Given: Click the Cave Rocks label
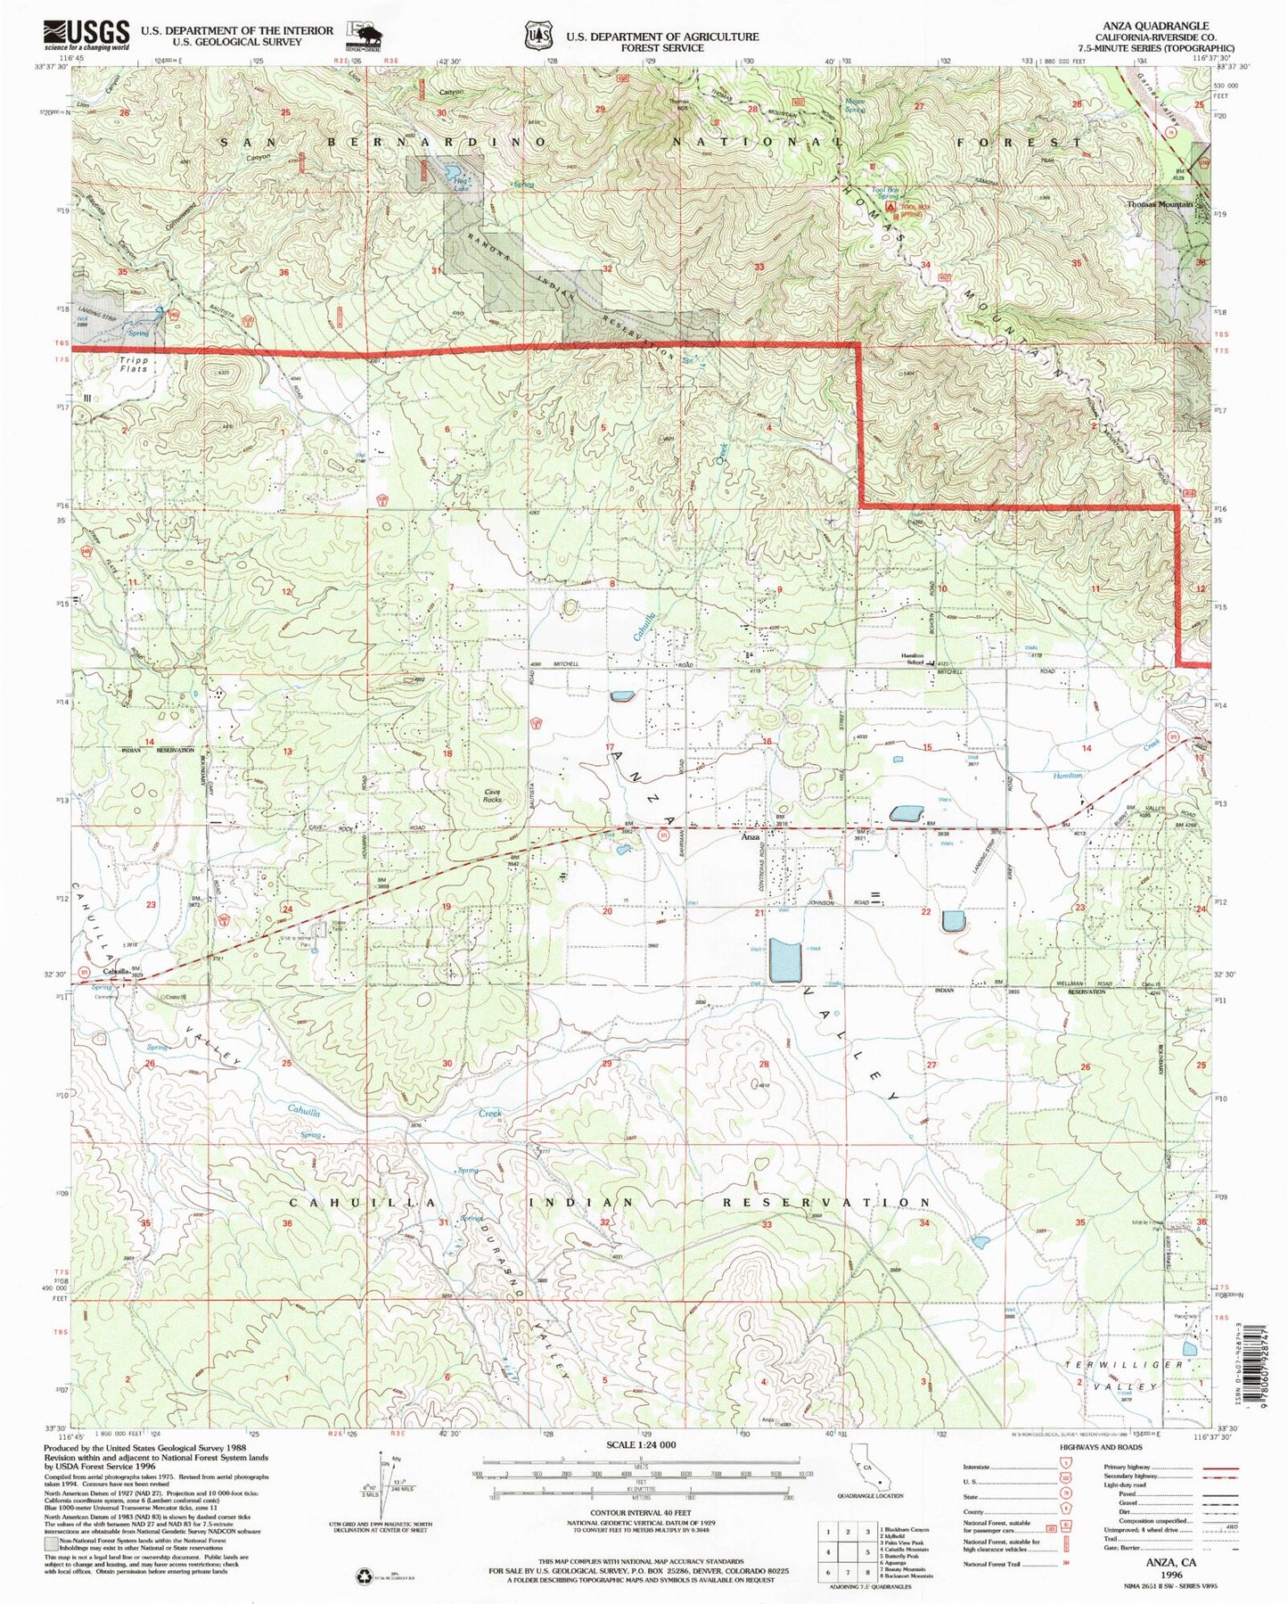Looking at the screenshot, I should [492, 795].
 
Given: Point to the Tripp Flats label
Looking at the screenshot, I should [134, 365].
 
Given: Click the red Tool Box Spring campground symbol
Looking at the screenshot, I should [889, 207].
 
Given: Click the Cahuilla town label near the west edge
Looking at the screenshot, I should [116, 971].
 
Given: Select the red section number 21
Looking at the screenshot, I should [759, 913].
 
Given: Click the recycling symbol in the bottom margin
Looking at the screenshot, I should [364, 1575].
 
